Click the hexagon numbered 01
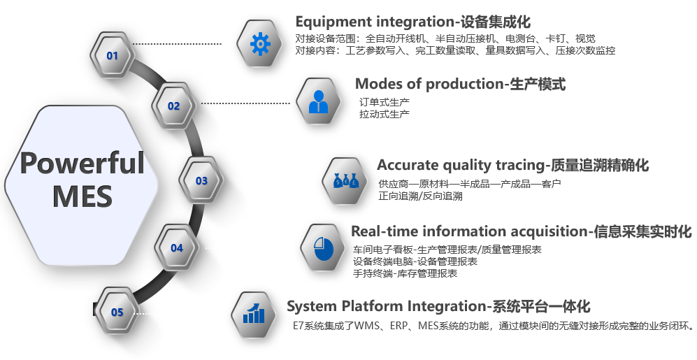[112, 55]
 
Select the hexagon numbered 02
[174, 106]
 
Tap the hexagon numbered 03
[201, 180]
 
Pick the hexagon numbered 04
[176, 248]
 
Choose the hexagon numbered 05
[117, 312]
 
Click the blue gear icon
[260, 44]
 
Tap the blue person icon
[318, 102]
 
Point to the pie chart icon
[323, 248]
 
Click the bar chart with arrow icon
[254, 313]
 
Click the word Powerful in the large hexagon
[82, 163]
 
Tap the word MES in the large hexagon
[82, 196]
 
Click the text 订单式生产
[385, 103]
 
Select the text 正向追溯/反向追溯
[421, 196]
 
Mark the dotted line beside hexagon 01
[177, 43]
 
